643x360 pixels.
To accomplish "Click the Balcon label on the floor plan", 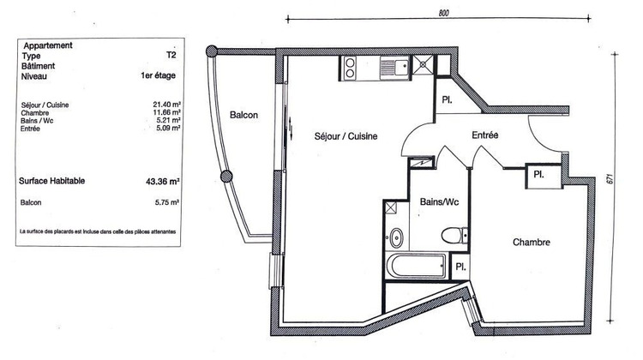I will (x=243, y=116).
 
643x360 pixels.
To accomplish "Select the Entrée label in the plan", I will (x=485, y=136).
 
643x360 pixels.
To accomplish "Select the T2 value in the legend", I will (x=172, y=56).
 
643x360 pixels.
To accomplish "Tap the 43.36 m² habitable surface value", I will (x=162, y=182).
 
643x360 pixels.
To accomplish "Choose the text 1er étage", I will (x=159, y=76).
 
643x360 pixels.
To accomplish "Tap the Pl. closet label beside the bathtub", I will (x=460, y=267).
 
